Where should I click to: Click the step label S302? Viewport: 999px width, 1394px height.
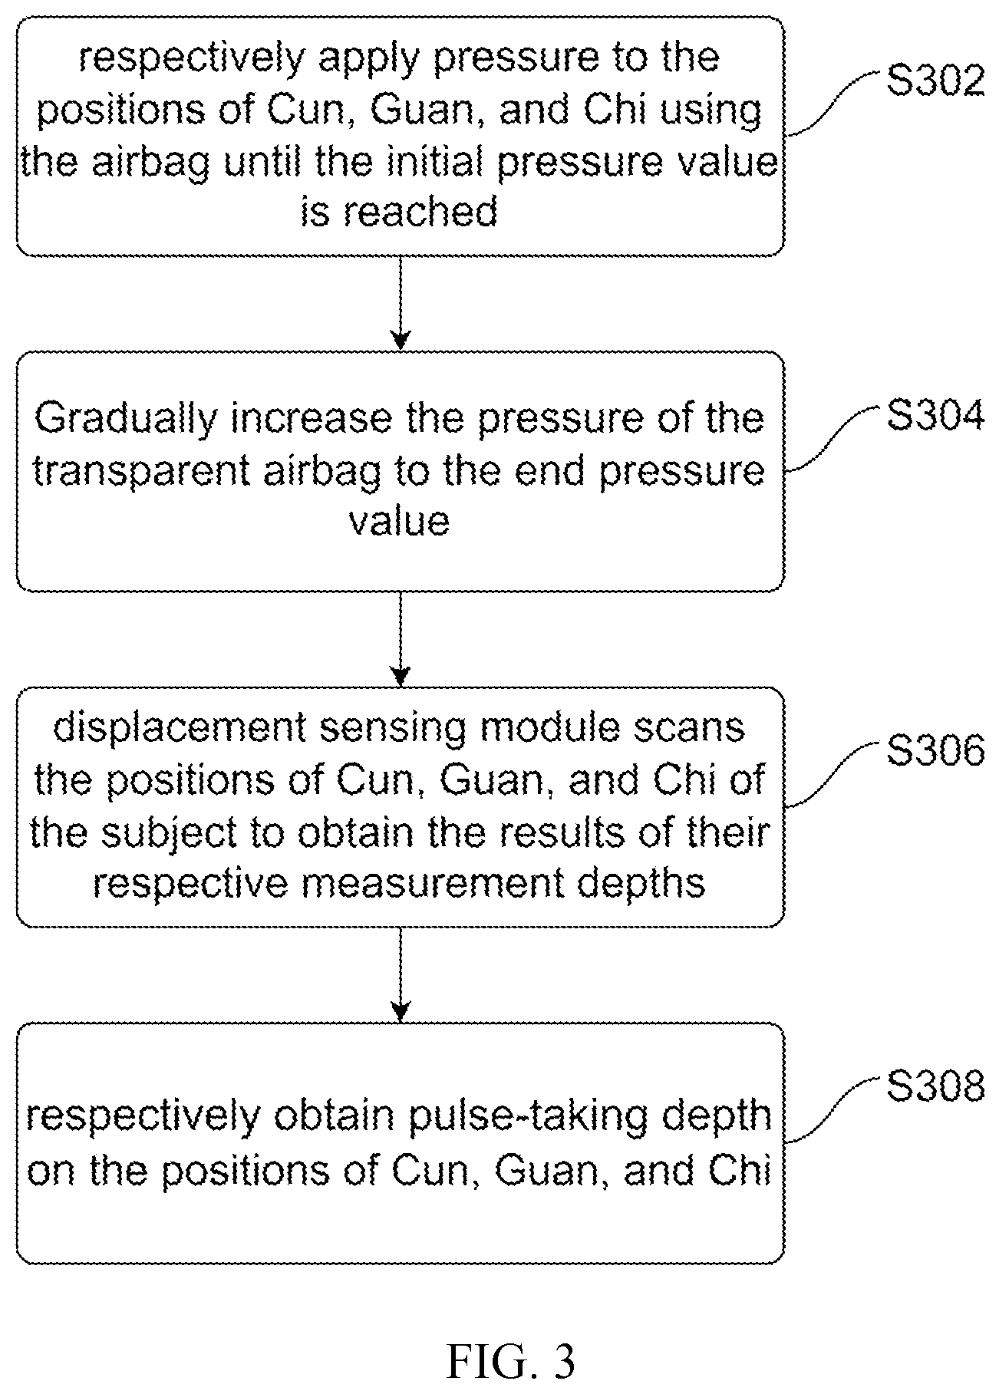935,81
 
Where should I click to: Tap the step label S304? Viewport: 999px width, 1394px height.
935,417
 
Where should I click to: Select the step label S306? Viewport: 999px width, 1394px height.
935,752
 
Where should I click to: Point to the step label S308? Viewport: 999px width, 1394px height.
935,1087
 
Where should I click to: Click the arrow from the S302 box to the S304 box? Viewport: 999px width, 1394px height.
401,303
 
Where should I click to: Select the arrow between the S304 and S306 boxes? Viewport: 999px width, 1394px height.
401,639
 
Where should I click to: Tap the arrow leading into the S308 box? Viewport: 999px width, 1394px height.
401,974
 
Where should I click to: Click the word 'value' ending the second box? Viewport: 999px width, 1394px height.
399,522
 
